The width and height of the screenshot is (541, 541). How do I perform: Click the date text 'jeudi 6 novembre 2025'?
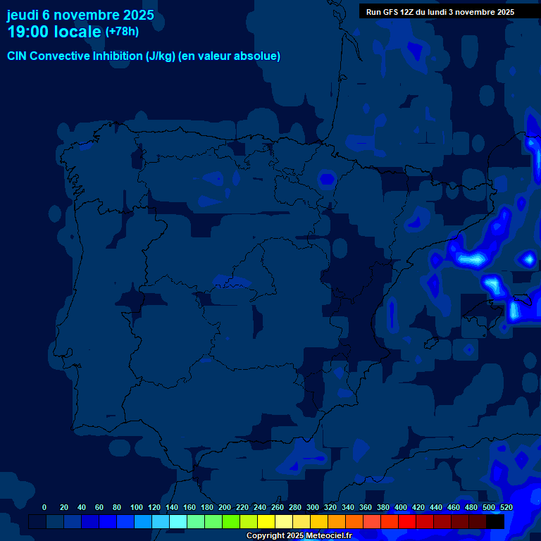point(80,15)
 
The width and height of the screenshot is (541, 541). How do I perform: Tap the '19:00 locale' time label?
point(54,31)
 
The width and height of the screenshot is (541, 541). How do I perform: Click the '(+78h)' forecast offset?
point(122,31)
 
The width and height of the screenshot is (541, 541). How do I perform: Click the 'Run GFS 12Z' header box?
point(440,12)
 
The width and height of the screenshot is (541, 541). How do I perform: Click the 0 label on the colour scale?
point(44,507)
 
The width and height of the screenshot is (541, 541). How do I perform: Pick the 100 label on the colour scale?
point(137,507)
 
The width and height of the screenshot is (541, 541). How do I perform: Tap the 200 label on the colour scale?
point(225,507)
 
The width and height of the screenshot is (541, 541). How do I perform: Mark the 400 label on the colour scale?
point(401,507)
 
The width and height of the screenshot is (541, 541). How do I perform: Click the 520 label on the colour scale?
point(506,507)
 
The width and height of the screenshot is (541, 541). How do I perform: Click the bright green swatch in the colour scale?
point(230,521)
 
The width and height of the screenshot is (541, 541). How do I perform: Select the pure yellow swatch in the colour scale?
point(266,521)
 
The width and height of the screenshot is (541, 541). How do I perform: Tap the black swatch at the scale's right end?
point(495,521)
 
